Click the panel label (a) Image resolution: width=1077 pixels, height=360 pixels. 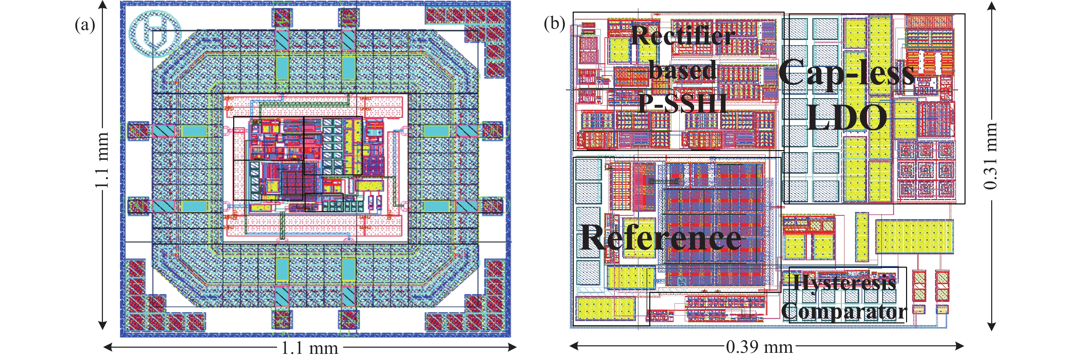[85, 26]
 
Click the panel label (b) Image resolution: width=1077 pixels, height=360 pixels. [554, 24]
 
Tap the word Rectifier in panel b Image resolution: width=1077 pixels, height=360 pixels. [682, 36]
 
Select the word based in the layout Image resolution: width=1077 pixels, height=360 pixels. [683, 70]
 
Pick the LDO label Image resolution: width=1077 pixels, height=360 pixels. [847, 118]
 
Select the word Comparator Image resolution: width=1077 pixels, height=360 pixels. [844, 311]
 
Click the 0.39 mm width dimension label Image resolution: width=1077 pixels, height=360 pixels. [759, 347]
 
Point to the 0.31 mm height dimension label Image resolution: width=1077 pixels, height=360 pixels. [991, 156]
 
